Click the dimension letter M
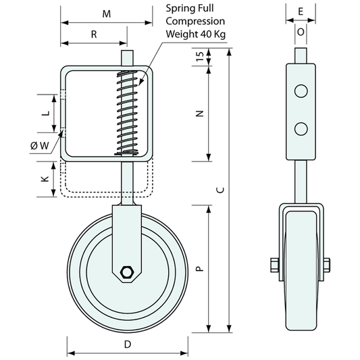point(107,14)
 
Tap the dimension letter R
point(94,34)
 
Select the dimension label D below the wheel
point(128,344)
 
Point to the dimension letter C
point(220,190)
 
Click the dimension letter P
point(200,269)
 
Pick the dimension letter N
point(200,113)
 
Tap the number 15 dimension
point(200,56)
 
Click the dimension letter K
point(45,179)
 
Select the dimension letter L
point(46,113)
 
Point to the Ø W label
point(40,145)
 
